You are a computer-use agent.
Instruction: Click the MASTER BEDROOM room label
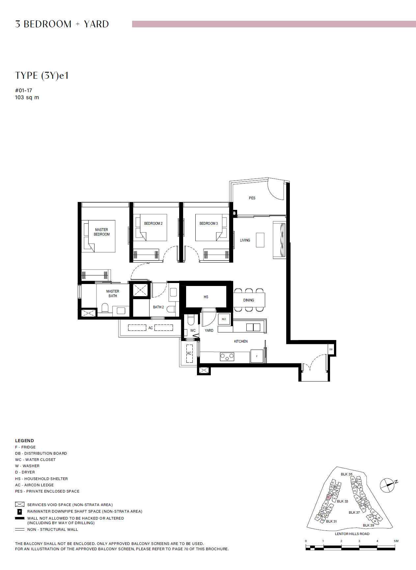click(x=101, y=232)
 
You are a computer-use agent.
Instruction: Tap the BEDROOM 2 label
click(x=153, y=223)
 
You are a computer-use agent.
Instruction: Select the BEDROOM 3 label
click(x=208, y=223)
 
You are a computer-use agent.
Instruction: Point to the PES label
click(x=252, y=198)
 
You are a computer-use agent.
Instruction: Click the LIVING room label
click(x=245, y=240)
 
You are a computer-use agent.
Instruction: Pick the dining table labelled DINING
click(x=249, y=300)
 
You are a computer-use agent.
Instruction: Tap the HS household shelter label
click(x=206, y=297)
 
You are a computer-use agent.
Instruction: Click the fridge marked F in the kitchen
click(x=257, y=356)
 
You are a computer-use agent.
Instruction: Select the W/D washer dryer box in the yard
click(x=224, y=319)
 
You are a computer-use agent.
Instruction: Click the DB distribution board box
click(x=331, y=349)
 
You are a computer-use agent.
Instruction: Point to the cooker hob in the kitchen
click(x=227, y=356)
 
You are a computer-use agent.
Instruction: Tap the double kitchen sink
click(x=253, y=327)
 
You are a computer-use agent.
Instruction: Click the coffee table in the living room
click(x=260, y=240)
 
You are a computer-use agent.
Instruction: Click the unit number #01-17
click(x=24, y=90)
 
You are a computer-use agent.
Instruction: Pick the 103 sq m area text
click(x=27, y=98)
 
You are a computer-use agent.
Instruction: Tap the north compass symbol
click(x=388, y=485)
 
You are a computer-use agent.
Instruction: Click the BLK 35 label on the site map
click(x=346, y=474)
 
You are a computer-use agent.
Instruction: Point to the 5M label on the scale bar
click(x=396, y=541)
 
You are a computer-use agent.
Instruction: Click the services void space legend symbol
click(x=20, y=504)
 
